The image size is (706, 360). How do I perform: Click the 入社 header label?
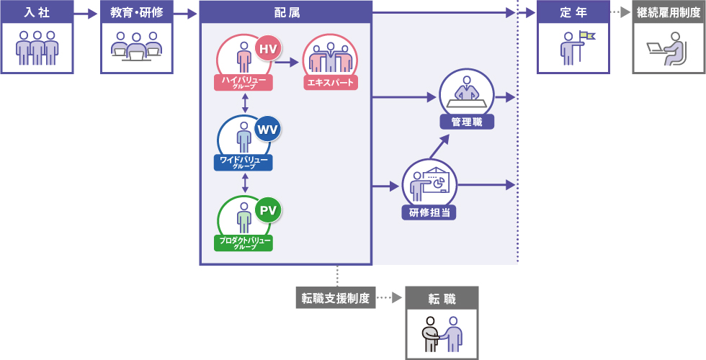coord(37,13)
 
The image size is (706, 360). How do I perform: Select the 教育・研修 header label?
coord(137,13)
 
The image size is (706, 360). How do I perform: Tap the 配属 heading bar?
coord(285,13)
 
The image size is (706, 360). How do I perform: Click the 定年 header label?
coord(573,13)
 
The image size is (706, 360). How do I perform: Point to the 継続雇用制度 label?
coord(668,13)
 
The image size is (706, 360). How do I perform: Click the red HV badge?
coord(267,49)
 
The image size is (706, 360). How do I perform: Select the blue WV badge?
coord(267,129)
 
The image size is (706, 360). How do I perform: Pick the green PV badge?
coord(267,210)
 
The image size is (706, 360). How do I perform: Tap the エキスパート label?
coord(330,83)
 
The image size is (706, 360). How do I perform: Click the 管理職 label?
coord(467,122)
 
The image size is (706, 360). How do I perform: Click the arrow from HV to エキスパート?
coord(287,63)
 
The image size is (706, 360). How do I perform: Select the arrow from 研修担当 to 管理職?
coord(439,146)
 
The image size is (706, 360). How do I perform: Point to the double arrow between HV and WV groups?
coord(246,102)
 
